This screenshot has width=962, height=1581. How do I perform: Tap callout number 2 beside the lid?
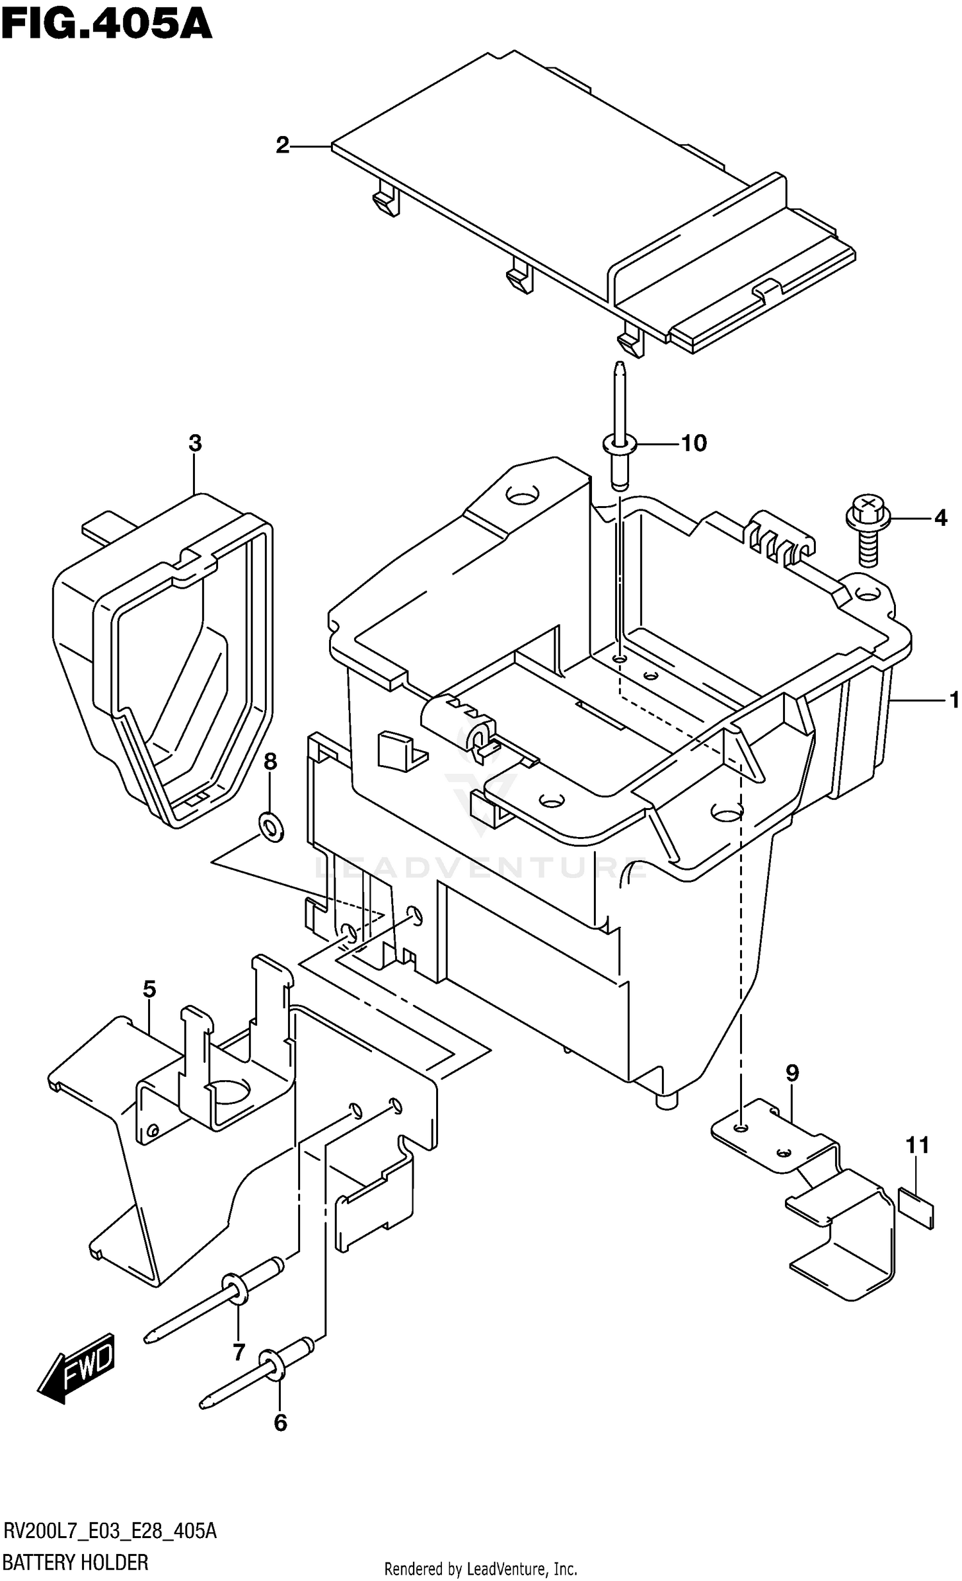point(283,146)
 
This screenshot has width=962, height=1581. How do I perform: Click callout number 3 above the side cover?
point(195,443)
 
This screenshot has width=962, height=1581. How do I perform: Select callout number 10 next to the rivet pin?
point(693,443)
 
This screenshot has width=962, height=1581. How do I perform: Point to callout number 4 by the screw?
point(940,517)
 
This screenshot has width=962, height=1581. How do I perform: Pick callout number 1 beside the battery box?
point(954,699)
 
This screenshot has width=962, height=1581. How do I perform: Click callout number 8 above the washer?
point(270,761)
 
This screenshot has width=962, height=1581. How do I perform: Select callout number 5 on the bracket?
point(149,989)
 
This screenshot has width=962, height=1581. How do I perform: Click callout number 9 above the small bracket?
point(792,1072)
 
